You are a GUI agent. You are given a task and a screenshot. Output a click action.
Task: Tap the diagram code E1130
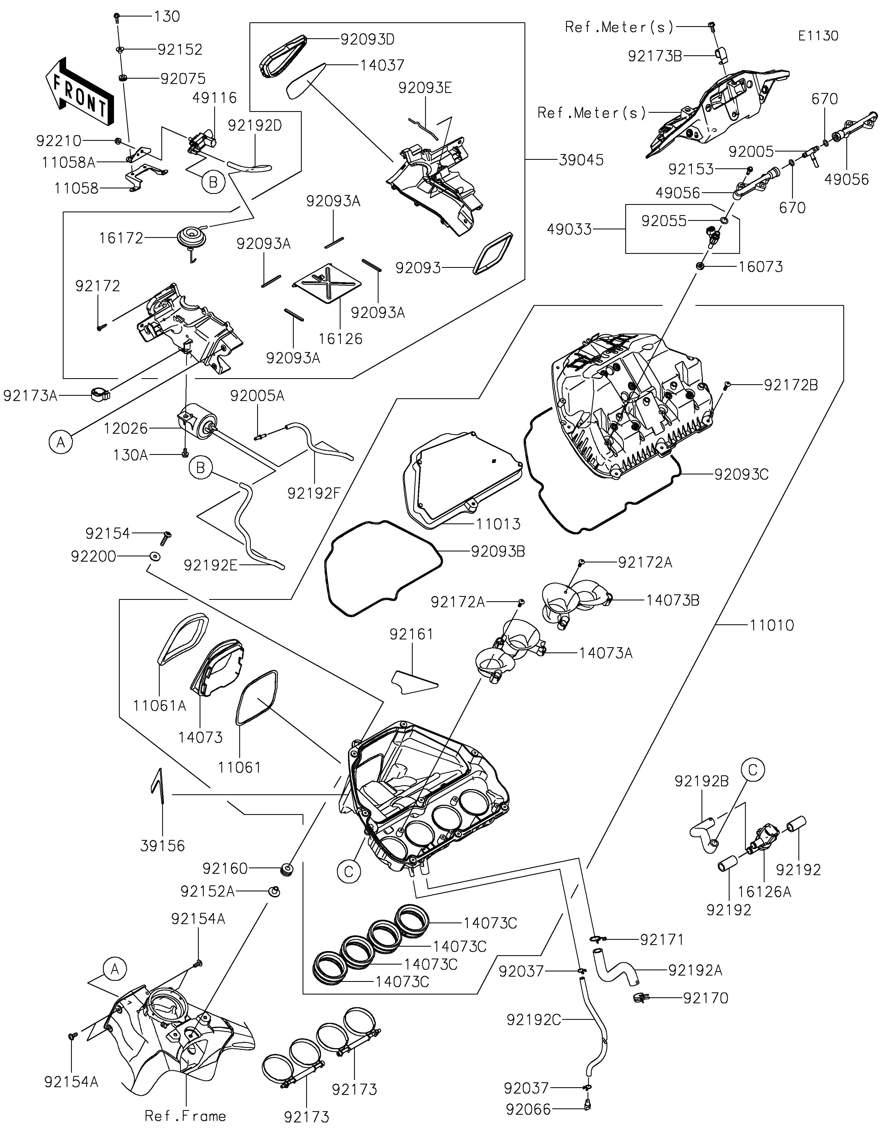(818, 36)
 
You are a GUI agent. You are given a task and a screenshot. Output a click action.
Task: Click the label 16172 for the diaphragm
(121, 238)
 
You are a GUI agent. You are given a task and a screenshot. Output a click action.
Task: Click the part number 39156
(162, 845)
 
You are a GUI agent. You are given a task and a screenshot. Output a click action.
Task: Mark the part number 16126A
(764, 892)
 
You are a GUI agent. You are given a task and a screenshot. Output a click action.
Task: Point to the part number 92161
(412, 634)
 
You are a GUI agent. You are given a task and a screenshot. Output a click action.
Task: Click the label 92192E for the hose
(211, 565)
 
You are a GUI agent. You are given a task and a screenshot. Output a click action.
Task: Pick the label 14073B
(673, 600)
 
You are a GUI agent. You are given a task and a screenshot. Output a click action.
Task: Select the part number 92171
(662, 940)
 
